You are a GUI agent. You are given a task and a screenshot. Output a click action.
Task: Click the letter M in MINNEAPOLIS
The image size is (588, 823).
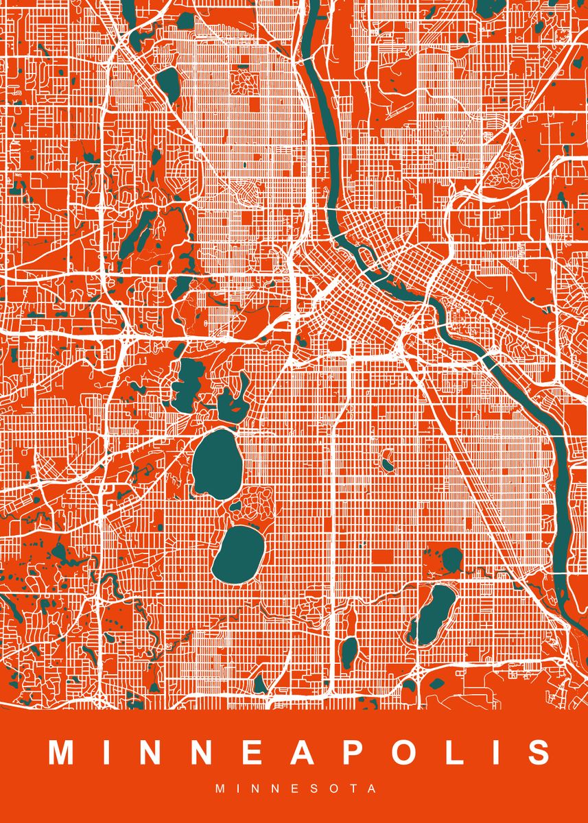[x=62, y=752]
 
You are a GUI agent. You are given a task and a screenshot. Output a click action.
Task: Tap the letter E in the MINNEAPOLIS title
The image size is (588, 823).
[x=252, y=752]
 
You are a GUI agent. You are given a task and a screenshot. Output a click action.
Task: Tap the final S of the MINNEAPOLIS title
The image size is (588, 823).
[x=537, y=752]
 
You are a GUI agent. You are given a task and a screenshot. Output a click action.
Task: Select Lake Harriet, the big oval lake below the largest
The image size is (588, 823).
[x=238, y=554]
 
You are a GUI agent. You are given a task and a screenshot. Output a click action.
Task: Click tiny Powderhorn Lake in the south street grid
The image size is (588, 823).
[x=388, y=464]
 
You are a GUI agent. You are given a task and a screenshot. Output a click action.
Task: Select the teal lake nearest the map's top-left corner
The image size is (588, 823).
[x=167, y=82]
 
